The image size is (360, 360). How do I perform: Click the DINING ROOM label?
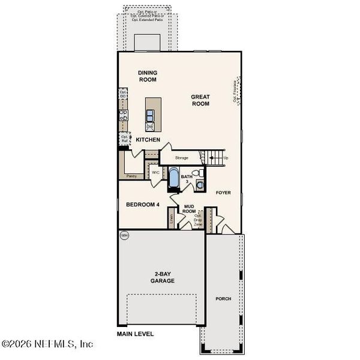tap(147, 75)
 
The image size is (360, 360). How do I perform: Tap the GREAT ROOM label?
tap(200, 100)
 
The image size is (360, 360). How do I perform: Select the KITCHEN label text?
tap(148, 139)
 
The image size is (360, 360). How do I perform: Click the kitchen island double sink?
tap(151, 115)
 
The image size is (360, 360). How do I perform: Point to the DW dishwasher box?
tap(151, 127)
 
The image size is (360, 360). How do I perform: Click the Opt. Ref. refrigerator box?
tap(124, 138)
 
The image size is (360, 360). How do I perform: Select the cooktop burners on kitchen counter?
tap(124, 116)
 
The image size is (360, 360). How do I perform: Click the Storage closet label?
tap(181, 158)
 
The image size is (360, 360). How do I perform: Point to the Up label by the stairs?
tap(226, 158)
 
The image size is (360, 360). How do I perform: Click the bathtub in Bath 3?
tap(173, 178)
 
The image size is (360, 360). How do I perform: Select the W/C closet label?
tap(155, 172)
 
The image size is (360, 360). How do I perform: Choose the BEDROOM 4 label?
tap(142, 205)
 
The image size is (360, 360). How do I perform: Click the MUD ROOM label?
tap(190, 208)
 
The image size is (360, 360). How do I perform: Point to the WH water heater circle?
tap(125, 235)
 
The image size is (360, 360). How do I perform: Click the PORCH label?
tap(223, 298)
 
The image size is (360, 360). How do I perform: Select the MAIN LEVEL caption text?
tap(136, 333)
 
